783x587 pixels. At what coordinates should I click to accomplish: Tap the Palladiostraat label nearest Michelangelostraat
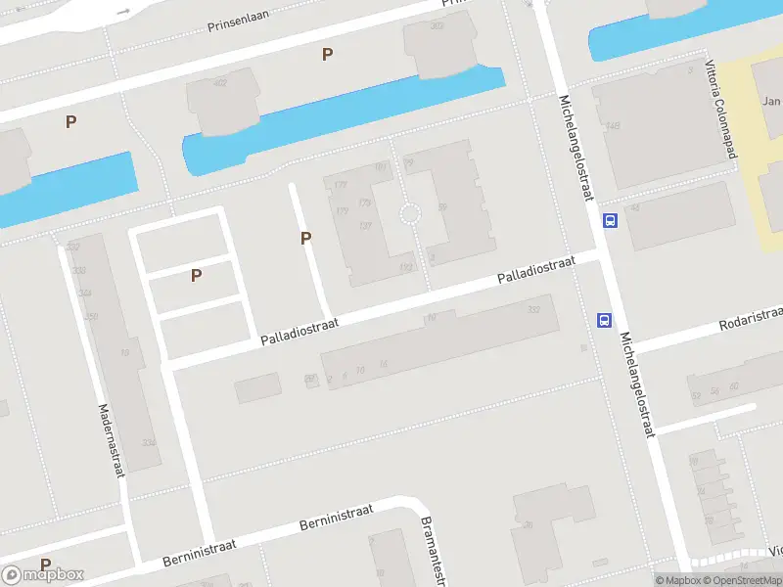(535, 272)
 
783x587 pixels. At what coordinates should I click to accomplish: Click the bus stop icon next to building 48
(610, 220)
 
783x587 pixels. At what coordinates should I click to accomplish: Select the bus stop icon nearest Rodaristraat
(605, 320)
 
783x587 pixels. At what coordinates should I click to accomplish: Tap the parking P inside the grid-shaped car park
(196, 276)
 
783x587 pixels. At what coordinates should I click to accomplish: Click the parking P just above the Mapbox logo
(45, 564)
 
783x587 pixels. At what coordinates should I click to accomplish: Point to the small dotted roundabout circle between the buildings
(410, 213)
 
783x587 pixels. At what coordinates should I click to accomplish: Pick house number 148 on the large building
(613, 125)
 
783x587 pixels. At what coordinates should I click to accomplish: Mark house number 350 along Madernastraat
(92, 316)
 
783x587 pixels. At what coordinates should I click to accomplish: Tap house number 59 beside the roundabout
(442, 206)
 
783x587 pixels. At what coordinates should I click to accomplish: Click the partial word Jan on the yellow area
(771, 102)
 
